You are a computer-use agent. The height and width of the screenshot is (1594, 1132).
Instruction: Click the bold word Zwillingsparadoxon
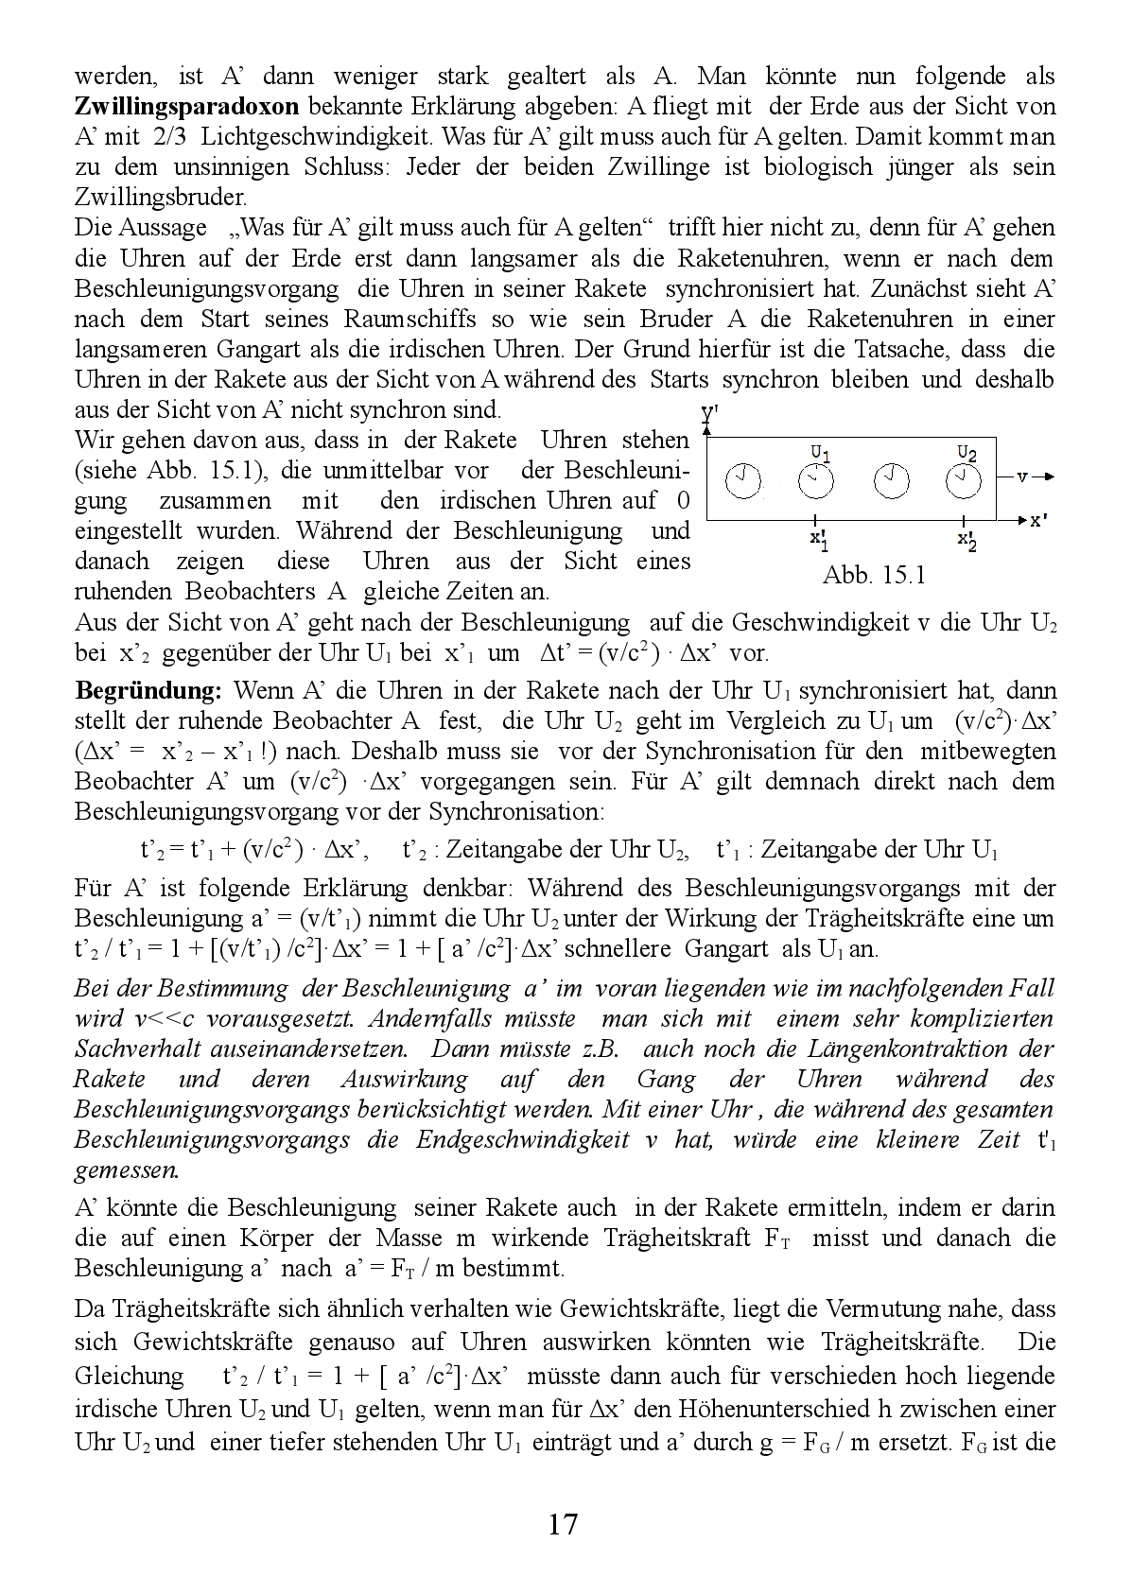pyautogui.click(x=186, y=106)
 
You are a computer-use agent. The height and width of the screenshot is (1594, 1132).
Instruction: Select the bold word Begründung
pyautogui.click(x=148, y=690)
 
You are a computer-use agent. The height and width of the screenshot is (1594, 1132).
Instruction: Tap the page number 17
pyautogui.click(x=562, y=1524)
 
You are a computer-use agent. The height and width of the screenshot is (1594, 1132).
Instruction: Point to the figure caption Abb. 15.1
pyautogui.click(x=874, y=575)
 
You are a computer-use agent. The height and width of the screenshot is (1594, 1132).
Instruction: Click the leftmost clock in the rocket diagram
pyautogui.click(x=743, y=481)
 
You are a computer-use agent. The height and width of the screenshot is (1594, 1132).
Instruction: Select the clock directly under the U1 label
pyautogui.click(x=816, y=481)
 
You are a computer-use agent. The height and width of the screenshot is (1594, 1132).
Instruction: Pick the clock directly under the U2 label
pyautogui.click(x=964, y=481)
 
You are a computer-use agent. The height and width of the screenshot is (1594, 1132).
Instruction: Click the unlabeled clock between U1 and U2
pyautogui.click(x=890, y=481)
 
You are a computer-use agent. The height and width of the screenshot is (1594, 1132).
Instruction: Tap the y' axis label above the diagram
pyautogui.click(x=708, y=413)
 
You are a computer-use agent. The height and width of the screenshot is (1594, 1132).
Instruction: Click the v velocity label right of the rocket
pyautogui.click(x=1021, y=476)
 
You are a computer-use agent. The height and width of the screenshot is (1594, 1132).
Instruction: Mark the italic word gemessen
pyautogui.click(x=125, y=1170)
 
